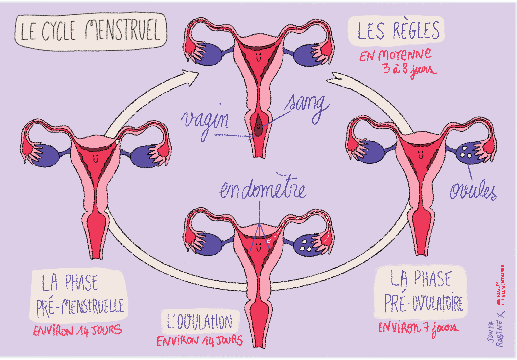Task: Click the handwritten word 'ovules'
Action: pos(473,191)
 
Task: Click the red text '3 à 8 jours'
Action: pos(409,69)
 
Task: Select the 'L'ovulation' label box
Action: pos(200,322)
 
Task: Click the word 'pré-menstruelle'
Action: pos(80,307)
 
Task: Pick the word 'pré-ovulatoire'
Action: pos(423,303)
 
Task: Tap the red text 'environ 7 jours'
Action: pos(418,328)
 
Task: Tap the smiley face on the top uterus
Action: pos(258,57)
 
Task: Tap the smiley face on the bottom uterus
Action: pos(258,247)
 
